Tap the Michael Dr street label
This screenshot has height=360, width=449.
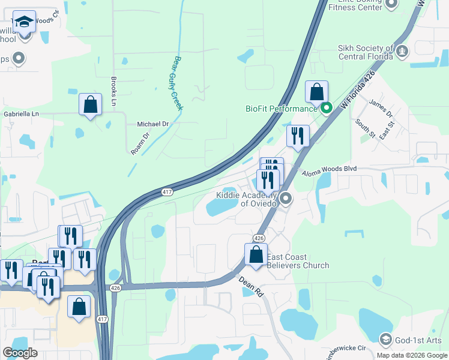(x=154, y=124)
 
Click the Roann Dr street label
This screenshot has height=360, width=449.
(x=139, y=145)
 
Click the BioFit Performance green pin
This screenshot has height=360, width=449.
(x=327, y=109)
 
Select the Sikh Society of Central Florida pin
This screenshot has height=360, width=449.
(x=402, y=52)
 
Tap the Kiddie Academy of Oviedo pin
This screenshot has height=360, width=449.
(x=286, y=198)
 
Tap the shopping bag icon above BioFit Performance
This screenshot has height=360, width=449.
(x=316, y=92)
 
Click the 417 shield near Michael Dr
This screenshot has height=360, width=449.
(x=167, y=192)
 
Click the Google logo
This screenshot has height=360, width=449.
(x=20, y=353)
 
